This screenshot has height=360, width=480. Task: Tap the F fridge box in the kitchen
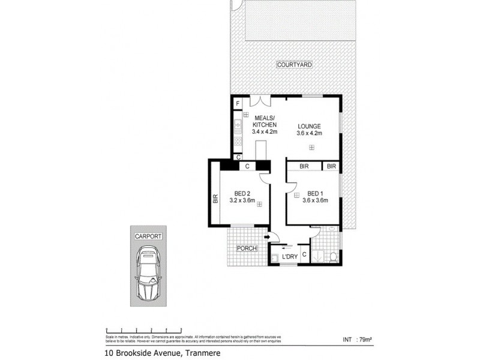click(x=238, y=104)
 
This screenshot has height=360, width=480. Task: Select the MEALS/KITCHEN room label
click(x=265, y=121)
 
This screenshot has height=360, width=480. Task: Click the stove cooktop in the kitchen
click(x=238, y=142)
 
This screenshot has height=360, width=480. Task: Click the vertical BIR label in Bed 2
click(x=214, y=198)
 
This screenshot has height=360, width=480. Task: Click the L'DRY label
click(x=290, y=257)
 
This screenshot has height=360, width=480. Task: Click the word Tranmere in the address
click(x=203, y=353)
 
